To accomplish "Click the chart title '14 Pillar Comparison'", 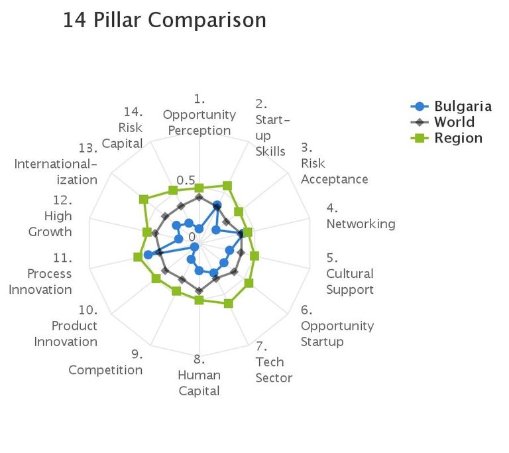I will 164,21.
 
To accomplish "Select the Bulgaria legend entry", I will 463,106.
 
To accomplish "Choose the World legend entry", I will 454,122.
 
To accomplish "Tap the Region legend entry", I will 458,138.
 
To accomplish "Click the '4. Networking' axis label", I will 361,216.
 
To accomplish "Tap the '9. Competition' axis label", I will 106,362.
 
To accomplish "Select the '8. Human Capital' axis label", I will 199,375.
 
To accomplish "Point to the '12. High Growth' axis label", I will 50,216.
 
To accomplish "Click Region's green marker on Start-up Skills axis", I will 227,186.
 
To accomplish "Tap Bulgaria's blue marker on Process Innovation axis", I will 148,255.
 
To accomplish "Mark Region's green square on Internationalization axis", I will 142,199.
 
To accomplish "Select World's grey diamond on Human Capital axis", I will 199,289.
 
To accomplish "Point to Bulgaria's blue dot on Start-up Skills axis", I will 217,205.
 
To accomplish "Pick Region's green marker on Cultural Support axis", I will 254,255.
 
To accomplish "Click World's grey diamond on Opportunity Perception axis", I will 199,197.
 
